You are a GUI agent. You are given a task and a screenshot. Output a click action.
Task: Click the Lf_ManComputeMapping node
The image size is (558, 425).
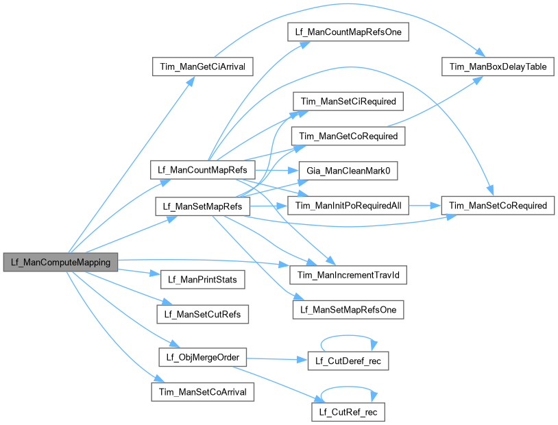(x=60, y=261)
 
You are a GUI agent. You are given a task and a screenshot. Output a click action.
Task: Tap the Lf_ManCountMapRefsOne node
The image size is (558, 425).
(x=348, y=32)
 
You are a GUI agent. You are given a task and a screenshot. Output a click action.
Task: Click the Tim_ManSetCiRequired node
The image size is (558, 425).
(x=348, y=101)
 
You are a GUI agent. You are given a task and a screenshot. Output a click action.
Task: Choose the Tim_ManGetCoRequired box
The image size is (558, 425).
(x=348, y=136)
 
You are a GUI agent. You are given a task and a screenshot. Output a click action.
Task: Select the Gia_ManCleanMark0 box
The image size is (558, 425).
(x=347, y=171)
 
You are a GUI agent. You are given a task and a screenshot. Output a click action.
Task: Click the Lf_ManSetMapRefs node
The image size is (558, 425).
(x=202, y=206)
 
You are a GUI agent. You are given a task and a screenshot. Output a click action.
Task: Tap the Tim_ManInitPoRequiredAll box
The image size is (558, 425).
(x=348, y=206)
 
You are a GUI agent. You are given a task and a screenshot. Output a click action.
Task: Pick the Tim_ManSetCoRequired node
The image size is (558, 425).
(x=497, y=206)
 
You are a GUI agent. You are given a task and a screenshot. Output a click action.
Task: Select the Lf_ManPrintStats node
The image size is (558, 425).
(x=202, y=280)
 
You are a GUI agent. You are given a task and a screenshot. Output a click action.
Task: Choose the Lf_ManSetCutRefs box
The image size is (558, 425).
(x=202, y=315)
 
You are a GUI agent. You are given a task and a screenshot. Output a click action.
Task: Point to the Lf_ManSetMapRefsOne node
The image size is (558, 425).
(x=348, y=309)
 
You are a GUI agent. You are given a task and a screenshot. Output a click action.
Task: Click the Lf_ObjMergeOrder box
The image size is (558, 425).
(x=202, y=357)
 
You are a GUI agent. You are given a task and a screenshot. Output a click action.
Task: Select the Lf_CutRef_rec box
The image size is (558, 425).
(x=348, y=412)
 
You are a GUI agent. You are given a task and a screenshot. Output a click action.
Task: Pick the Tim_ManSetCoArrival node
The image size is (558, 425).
(x=202, y=391)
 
